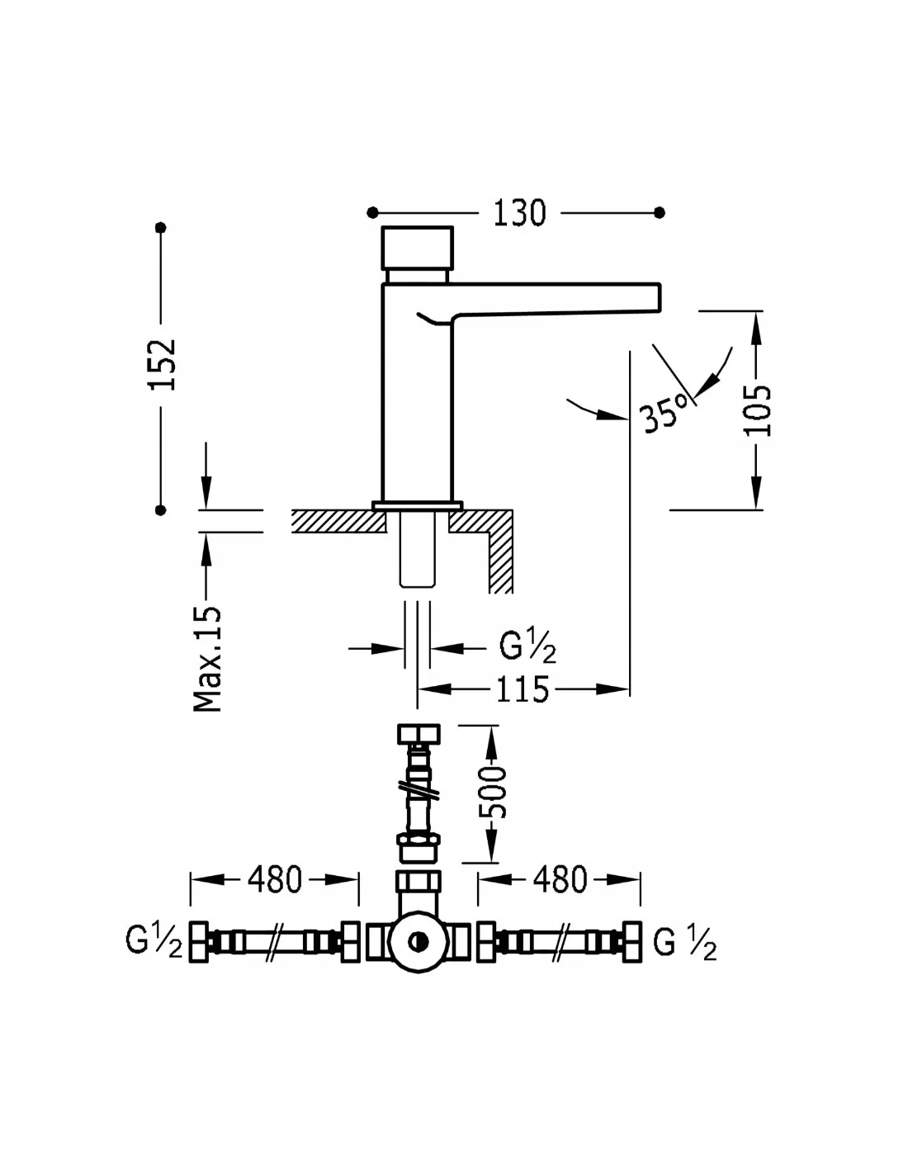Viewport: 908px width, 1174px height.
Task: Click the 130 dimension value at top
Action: tap(519, 213)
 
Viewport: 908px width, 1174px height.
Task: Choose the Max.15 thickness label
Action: tap(207, 659)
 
